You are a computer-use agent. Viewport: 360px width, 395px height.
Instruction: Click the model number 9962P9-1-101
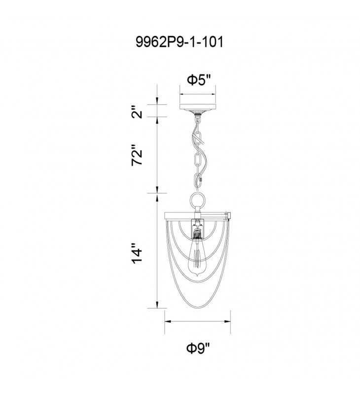(180, 42)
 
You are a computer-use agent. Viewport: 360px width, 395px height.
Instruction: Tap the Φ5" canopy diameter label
(198, 80)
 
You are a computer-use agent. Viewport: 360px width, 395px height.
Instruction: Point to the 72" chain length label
(137, 155)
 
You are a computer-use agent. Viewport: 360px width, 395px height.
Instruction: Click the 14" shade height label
(137, 254)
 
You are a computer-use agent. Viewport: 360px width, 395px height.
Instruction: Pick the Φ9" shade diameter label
(198, 349)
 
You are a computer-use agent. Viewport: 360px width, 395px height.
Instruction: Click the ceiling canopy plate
(198, 107)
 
